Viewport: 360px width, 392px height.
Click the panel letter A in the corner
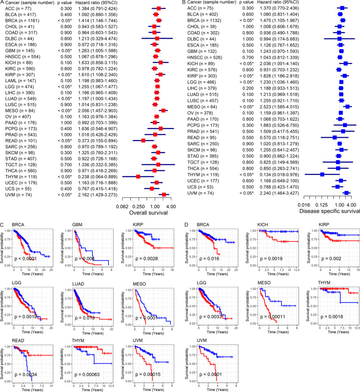click(x=3, y=3)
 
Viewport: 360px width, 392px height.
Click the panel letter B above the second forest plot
click(x=184, y=3)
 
